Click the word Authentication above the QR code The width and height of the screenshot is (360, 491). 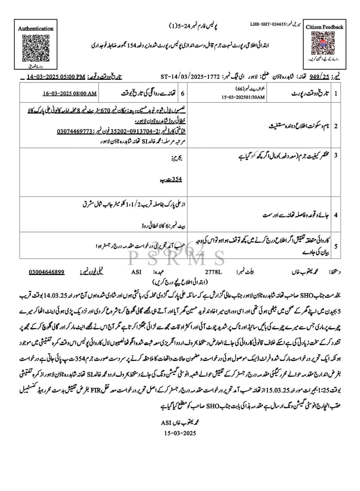[x=36, y=29]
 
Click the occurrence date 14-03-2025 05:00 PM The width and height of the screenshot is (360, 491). [x=56, y=77]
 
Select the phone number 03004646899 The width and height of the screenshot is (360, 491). [x=46, y=272]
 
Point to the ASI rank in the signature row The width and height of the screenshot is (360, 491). [x=136, y=272]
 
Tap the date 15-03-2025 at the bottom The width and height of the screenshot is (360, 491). [x=179, y=433]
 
